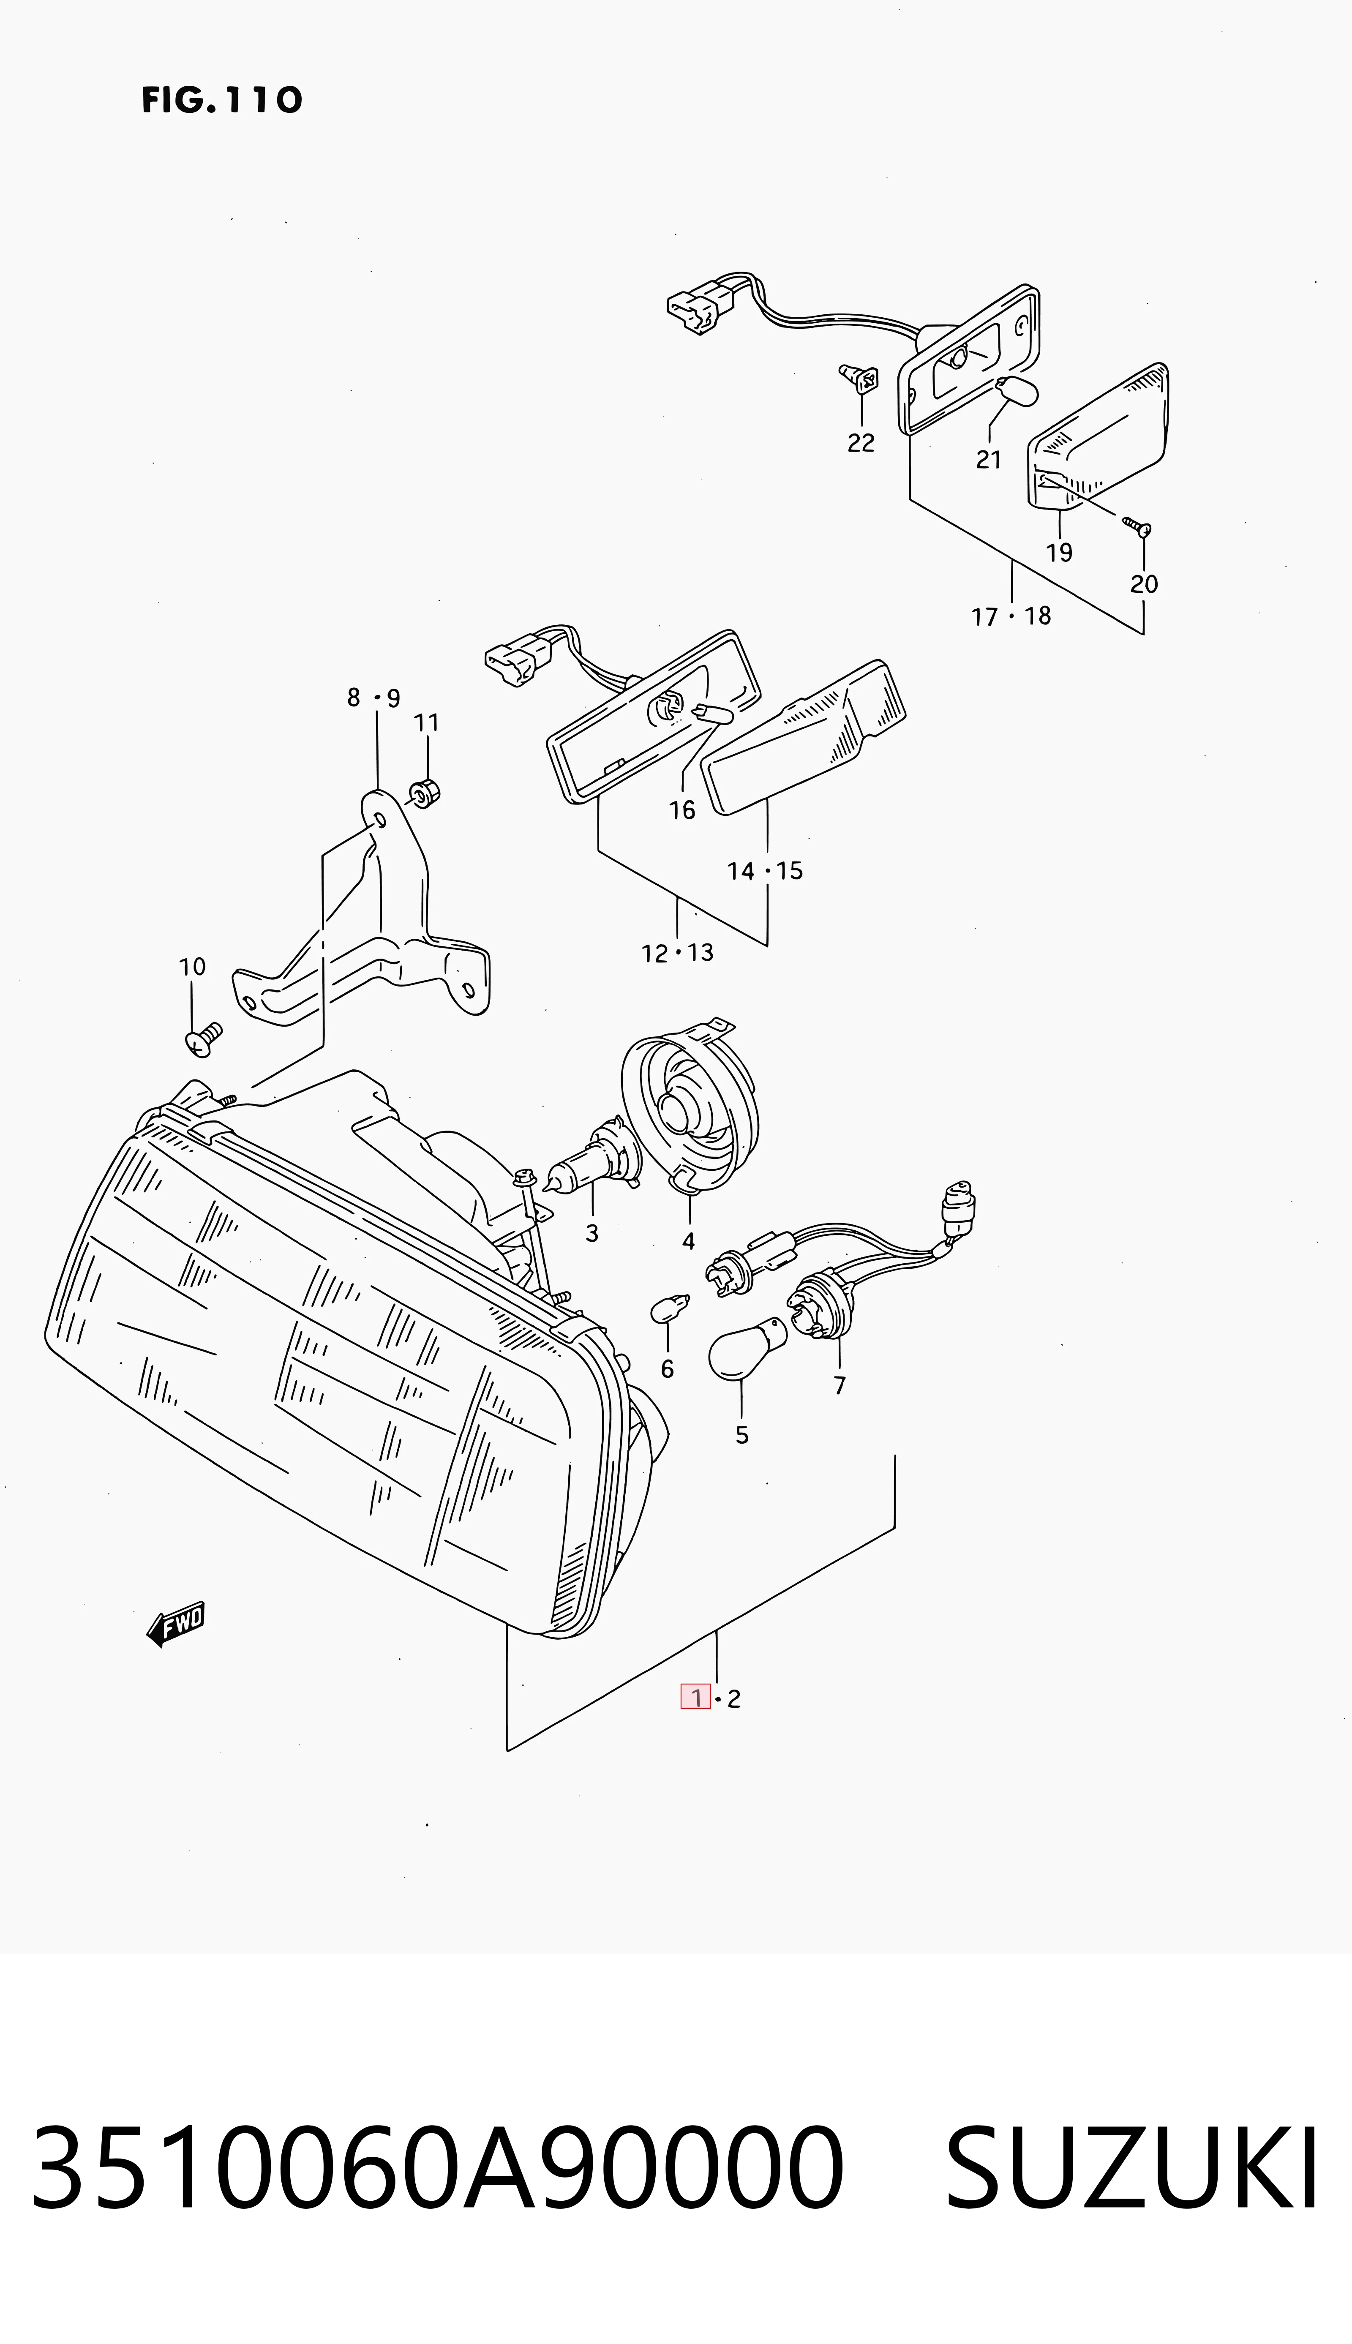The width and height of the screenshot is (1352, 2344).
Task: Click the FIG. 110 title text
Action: point(222,99)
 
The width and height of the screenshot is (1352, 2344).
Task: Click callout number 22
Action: point(861,443)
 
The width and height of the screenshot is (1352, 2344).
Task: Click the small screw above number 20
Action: point(1137,526)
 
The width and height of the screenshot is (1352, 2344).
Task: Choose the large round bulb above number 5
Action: point(747,1351)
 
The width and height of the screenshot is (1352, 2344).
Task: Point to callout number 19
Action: point(1058,552)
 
